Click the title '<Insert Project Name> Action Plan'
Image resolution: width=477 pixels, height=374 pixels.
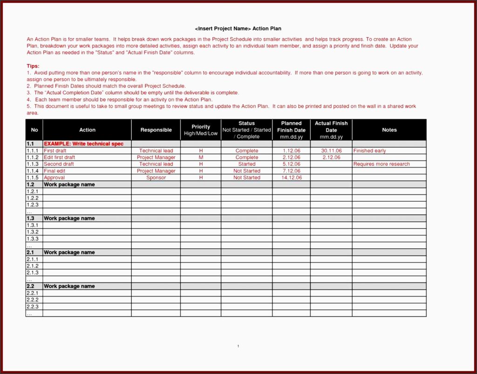238,29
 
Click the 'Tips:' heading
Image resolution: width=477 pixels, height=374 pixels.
33,66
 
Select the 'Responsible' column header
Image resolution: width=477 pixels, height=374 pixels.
156,130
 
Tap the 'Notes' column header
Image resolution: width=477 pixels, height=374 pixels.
389,130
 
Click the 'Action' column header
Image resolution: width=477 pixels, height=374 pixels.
87,130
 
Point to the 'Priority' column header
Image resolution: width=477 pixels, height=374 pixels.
201,127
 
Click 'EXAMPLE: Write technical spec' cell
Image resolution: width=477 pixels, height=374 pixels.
84,144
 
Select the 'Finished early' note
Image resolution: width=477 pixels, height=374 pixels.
370,151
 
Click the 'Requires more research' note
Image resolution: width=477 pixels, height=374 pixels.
382,164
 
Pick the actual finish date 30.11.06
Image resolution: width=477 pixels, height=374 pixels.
331,151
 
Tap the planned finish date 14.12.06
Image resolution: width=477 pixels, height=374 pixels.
292,177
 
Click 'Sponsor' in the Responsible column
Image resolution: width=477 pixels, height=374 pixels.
156,177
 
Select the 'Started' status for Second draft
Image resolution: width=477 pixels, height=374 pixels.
247,164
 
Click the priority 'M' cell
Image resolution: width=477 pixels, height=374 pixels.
201,157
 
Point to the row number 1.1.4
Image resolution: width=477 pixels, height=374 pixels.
33,171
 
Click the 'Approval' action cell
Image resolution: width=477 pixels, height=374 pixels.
55,177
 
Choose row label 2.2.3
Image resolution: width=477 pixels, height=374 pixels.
33,306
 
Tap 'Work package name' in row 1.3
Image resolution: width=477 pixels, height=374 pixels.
69,218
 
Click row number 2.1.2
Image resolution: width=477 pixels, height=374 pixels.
33,266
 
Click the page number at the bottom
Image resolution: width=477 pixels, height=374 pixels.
238,346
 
